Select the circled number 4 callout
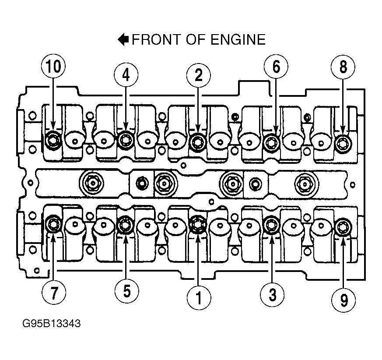point(126,75)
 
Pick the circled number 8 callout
point(343,68)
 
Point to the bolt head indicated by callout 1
point(197,225)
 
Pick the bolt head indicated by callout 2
point(197,140)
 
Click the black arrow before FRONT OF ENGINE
point(123,40)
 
